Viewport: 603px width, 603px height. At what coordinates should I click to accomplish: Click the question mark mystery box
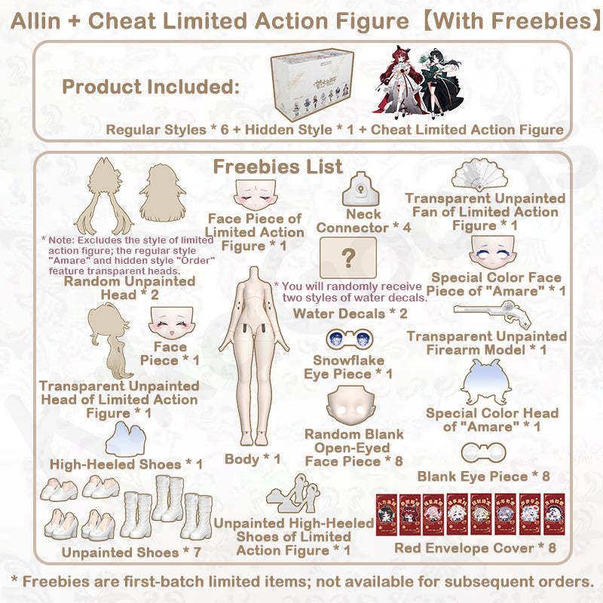click(347, 259)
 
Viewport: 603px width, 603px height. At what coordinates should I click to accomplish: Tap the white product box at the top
click(316, 89)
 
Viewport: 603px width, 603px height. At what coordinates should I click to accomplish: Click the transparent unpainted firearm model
click(486, 316)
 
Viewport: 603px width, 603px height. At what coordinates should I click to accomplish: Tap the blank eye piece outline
click(482, 454)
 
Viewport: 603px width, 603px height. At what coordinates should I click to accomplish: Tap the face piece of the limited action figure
click(253, 196)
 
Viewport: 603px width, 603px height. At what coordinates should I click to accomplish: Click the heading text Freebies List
click(278, 166)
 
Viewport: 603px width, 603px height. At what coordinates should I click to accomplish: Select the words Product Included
click(150, 87)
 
